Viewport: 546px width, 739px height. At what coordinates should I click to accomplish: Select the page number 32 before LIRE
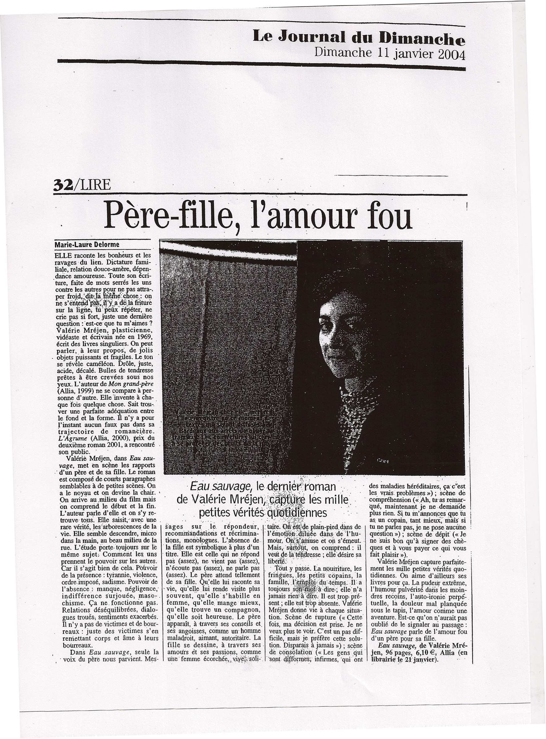63,185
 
